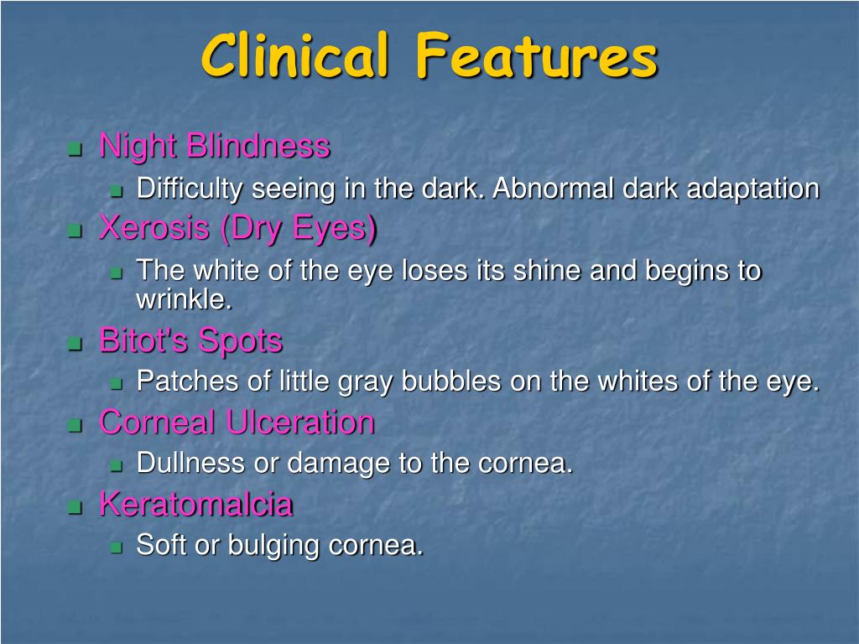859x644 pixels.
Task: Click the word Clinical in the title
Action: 294,56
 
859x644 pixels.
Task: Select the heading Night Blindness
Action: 215,147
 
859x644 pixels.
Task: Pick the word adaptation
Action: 752,189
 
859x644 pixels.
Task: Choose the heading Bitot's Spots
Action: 191,341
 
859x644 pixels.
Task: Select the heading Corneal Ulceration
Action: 237,422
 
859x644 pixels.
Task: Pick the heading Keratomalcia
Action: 196,504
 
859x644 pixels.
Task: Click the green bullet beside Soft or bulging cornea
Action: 117,548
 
